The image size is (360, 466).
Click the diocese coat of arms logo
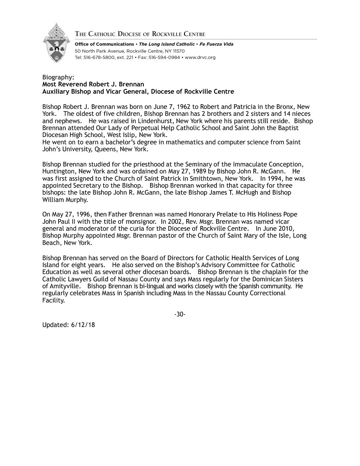pos(56,43)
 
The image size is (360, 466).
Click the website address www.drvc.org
pos(200,57)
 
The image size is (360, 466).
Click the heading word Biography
pos(57,77)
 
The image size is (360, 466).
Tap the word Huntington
pos(58,171)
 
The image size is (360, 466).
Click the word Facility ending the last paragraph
pos(53,301)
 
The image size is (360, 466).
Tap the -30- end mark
pos(180,314)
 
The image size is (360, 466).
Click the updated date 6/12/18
pos(83,325)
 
